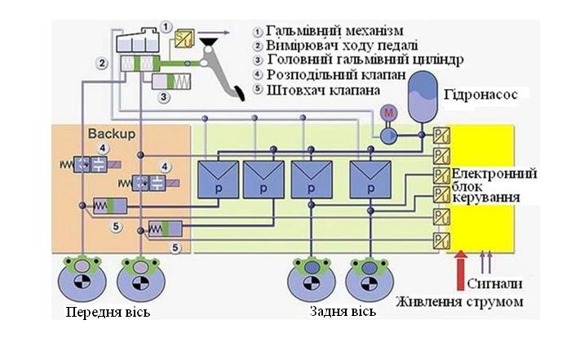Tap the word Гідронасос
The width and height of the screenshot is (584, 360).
pos(481,93)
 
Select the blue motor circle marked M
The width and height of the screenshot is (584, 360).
pos(388,134)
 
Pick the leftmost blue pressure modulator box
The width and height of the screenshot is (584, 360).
pos(218,180)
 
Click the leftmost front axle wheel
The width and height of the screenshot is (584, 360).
pos(82,282)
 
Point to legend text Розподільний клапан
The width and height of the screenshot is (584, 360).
pos(336,74)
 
